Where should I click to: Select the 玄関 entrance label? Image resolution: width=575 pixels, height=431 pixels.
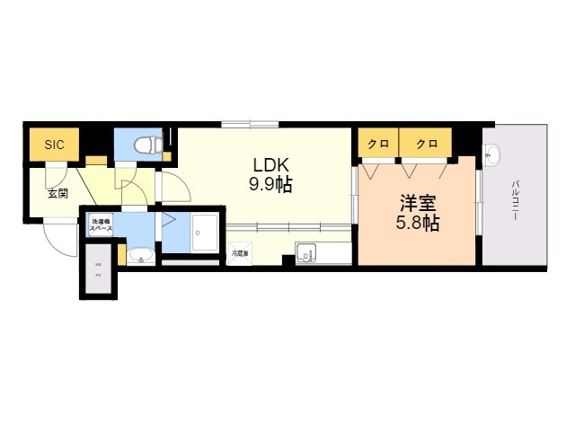(x=57, y=192)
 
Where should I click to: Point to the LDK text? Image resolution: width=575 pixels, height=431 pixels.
(x=270, y=166)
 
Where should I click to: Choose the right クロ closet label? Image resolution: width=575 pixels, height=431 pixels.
(x=427, y=144)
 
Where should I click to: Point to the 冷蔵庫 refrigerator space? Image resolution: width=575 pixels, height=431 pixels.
(x=240, y=254)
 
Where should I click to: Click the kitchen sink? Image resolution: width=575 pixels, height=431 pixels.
(x=305, y=255)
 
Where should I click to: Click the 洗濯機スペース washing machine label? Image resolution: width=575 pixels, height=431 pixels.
(x=99, y=225)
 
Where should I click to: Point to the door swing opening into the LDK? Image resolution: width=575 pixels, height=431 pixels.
(x=175, y=187)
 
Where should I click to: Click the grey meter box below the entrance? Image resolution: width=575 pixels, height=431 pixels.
(x=99, y=274)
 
